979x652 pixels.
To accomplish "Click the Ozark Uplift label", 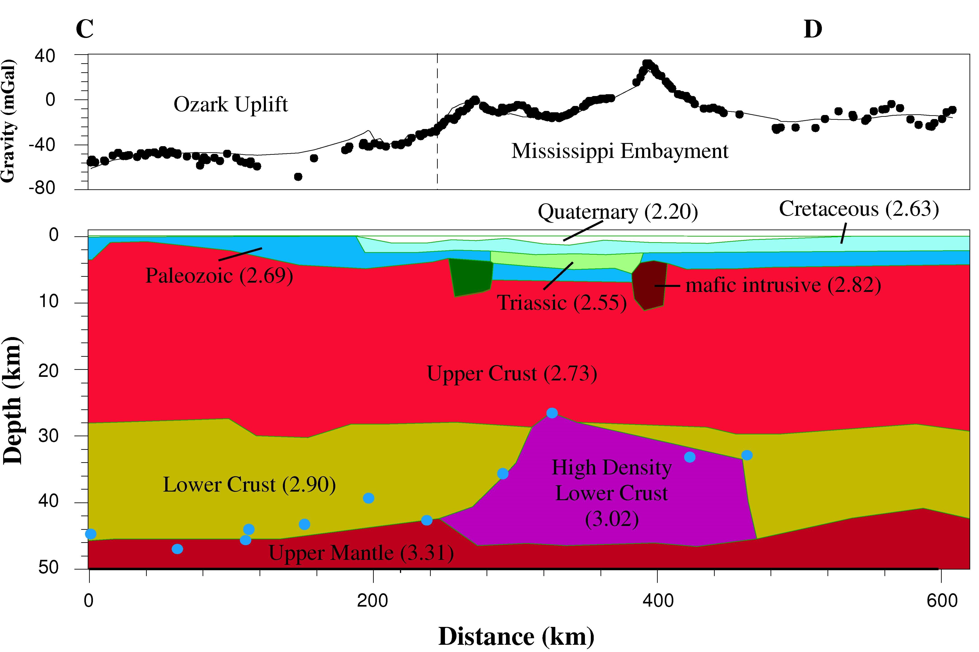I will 230,104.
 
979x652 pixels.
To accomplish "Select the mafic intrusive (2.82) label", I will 783,285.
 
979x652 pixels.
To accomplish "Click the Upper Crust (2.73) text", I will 512,373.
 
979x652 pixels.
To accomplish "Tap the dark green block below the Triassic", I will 471,277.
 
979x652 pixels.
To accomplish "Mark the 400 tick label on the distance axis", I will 657,601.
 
